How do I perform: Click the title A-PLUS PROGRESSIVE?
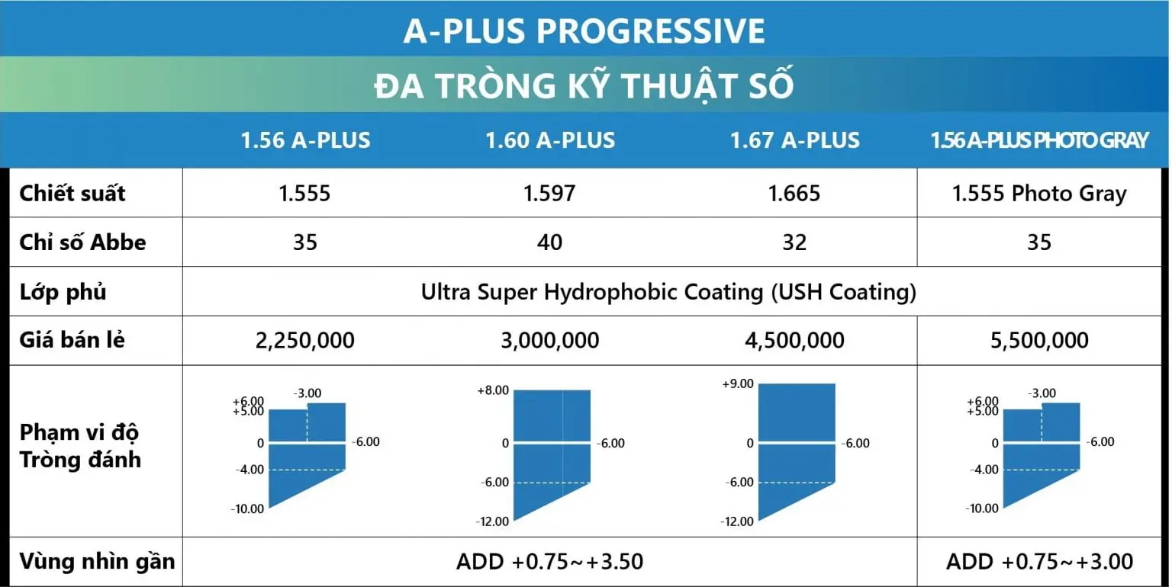pos(584,30)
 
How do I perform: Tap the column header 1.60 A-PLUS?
pos(550,140)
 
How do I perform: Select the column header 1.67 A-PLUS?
pos(794,140)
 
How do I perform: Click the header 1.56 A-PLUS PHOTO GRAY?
pos(1039,140)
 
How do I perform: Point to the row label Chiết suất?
pos(72,194)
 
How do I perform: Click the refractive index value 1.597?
pos(549,194)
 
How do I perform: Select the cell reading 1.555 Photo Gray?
pos(1039,194)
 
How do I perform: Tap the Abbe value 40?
pos(549,242)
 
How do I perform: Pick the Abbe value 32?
pos(794,242)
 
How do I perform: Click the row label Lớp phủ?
pos(63,292)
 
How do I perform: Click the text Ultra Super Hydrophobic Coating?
pos(592,292)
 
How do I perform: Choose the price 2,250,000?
pos(305,340)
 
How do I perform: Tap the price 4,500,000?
pos(794,340)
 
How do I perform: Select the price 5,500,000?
pos(1039,340)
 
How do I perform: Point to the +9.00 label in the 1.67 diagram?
pos(738,383)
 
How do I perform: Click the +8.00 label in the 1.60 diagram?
pos(493,390)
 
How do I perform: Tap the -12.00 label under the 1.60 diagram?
pos(492,521)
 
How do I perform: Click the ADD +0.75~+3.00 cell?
pos(1039,561)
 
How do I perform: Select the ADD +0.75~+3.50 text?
pos(549,561)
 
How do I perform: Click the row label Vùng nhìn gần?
pos(98,561)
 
